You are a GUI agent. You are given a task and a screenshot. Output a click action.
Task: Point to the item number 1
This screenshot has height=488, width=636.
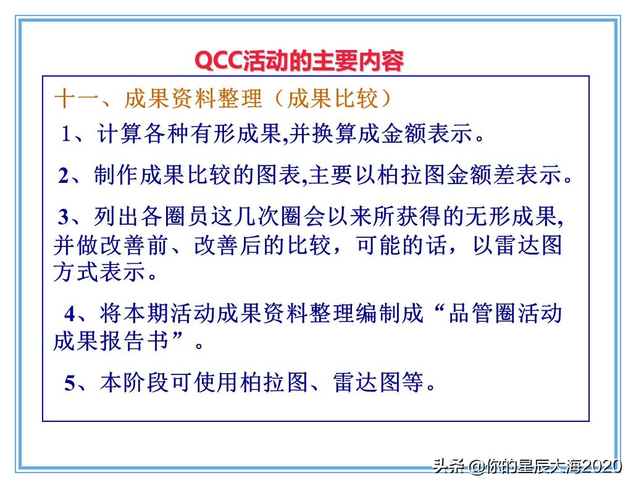pos(67,135)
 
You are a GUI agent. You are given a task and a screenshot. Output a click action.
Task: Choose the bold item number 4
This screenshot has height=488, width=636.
pos(70,314)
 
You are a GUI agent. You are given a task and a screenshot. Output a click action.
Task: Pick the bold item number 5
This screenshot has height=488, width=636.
pos(70,383)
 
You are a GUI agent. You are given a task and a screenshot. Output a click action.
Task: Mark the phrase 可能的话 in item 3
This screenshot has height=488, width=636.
pos(394,245)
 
